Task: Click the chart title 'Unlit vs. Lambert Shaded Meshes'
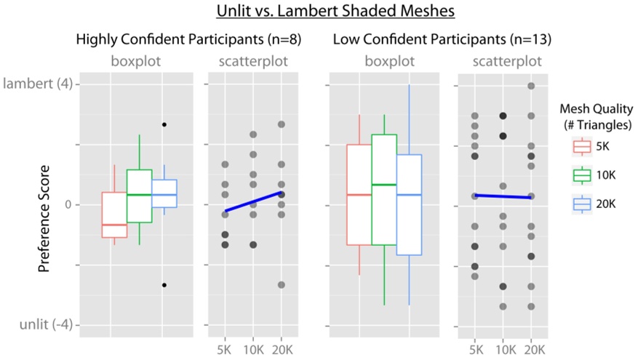(319, 12)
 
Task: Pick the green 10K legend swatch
(581, 175)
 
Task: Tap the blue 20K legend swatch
(581, 205)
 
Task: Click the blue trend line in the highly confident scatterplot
(253, 201)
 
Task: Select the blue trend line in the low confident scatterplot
(503, 196)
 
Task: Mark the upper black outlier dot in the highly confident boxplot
(164, 125)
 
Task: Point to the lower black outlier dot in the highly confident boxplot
(164, 285)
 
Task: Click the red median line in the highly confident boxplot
(114, 225)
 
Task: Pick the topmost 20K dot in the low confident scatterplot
(531, 86)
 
